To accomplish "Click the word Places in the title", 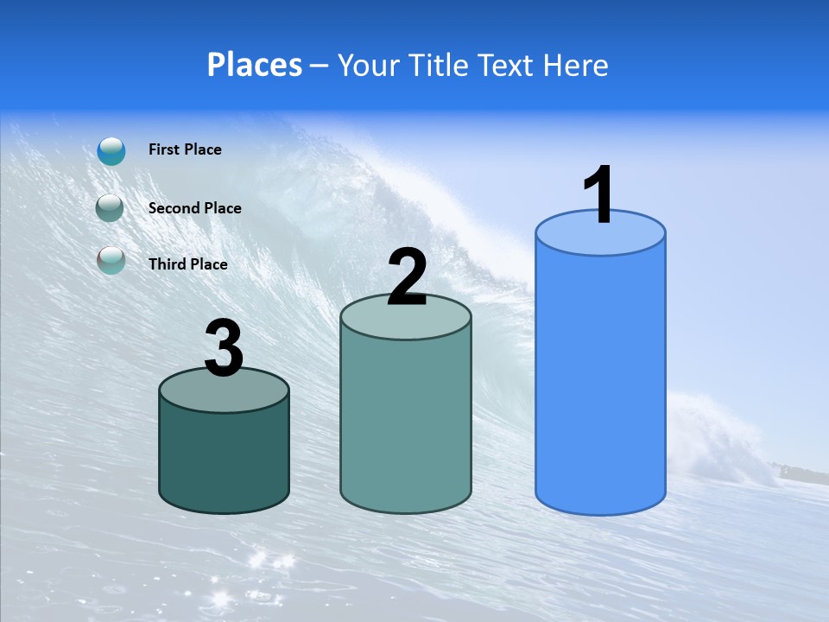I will pyautogui.click(x=255, y=65).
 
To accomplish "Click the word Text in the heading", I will pyautogui.click(x=508, y=65).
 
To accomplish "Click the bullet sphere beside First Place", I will pyautogui.click(x=111, y=150).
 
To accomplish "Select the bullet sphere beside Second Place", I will pyautogui.click(x=110, y=208).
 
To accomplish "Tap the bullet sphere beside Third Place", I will pyautogui.click(x=111, y=259).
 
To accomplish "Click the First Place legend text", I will pyautogui.click(x=185, y=149).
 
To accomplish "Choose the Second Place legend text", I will pyautogui.click(x=195, y=208).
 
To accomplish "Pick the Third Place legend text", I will pyautogui.click(x=188, y=264).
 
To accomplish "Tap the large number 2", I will pyautogui.click(x=408, y=277).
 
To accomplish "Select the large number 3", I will pyautogui.click(x=225, y=349).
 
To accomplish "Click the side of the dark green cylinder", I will pyautogui.click(x=225, y=458).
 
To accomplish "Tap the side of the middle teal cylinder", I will pyautogui.click(x=406, y=423).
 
